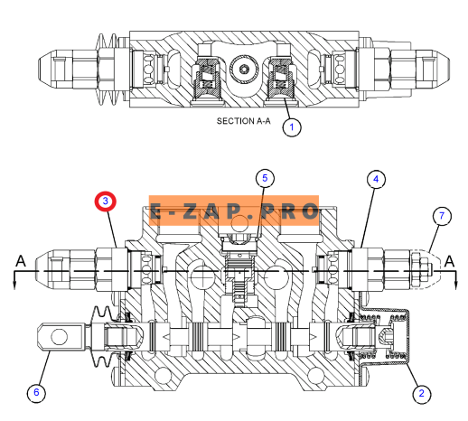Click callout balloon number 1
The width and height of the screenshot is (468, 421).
tap(292, 127)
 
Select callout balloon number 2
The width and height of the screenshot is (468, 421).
tap(421, 393)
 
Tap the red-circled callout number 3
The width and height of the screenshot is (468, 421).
tap(106, 201)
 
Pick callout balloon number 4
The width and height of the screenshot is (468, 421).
tap(376, 180)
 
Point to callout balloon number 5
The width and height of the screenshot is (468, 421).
tap(265, 178)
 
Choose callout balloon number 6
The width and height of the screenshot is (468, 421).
tap(36, 392)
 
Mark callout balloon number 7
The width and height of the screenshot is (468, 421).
tap(442, 216)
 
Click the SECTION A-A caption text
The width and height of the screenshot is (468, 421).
tap(244, 121)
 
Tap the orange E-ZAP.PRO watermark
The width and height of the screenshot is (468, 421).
tap(234, 210)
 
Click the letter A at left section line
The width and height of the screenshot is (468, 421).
tap(21, 261)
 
